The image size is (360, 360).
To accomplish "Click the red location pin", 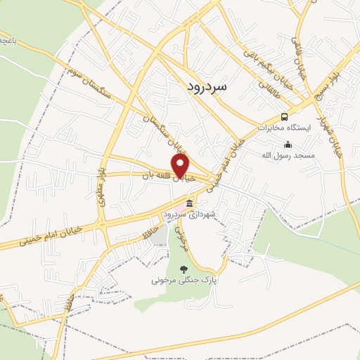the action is pos(181,166).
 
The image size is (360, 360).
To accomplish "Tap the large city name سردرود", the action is pos(209,85).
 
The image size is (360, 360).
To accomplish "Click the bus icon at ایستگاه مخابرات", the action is pos(284,117).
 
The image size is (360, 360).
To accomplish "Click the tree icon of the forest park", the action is pos(184,269).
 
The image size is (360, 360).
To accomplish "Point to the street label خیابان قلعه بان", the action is pos(167,176).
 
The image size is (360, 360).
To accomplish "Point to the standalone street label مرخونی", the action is pos(183,239).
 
